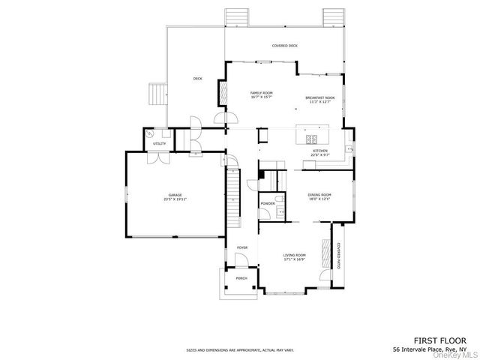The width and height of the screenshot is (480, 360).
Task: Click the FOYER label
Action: pyautogui.click(x=242, y=247)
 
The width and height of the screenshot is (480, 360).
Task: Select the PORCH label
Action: pyautogui.click(x=241, y=278)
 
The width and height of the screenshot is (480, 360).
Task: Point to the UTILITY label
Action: pyautogui.click(x=159, y=143)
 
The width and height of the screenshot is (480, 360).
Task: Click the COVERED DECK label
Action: pyautogui.click(x=284, y=46)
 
